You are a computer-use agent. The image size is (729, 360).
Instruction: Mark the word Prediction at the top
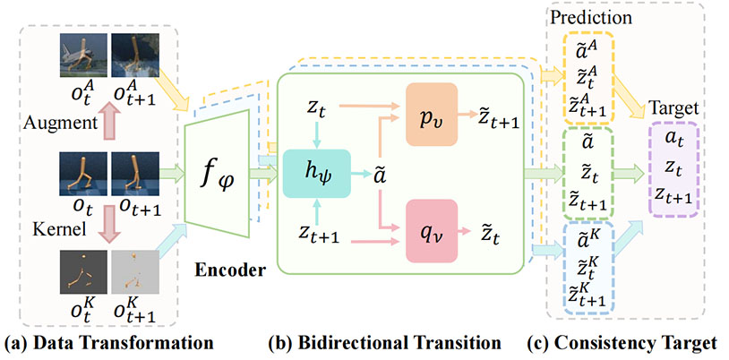click(x=592, y=17)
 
